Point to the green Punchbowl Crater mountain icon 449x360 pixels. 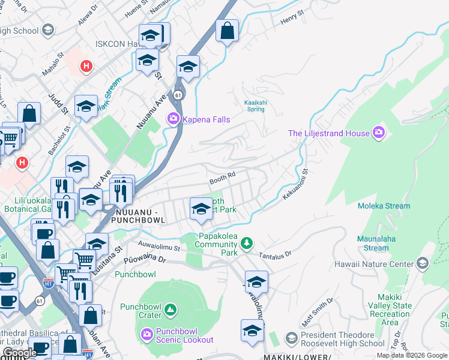point(170,310)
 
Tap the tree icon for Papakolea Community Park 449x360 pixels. point(246,243)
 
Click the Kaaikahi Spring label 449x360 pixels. point(255,106)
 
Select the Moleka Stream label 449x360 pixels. point(384,206)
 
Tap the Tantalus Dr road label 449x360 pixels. point(275,255)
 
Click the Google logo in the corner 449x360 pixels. point(20,353)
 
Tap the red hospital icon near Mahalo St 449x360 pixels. point(87,65)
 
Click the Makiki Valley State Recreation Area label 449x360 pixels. point(394,310)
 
